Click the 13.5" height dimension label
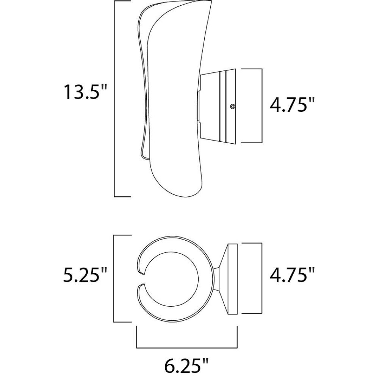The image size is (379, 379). click(x=85, y=92)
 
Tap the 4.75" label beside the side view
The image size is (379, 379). click(x=292, y=105)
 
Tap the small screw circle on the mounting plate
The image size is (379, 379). click(x=233, y=106)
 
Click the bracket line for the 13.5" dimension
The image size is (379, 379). click(x=114, y=99)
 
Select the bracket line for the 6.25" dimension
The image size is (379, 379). click(x=187, y=348)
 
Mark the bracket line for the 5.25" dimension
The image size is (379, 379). click(x=114, y=279)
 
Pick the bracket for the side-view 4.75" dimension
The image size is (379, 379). click(x=262, y=106)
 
